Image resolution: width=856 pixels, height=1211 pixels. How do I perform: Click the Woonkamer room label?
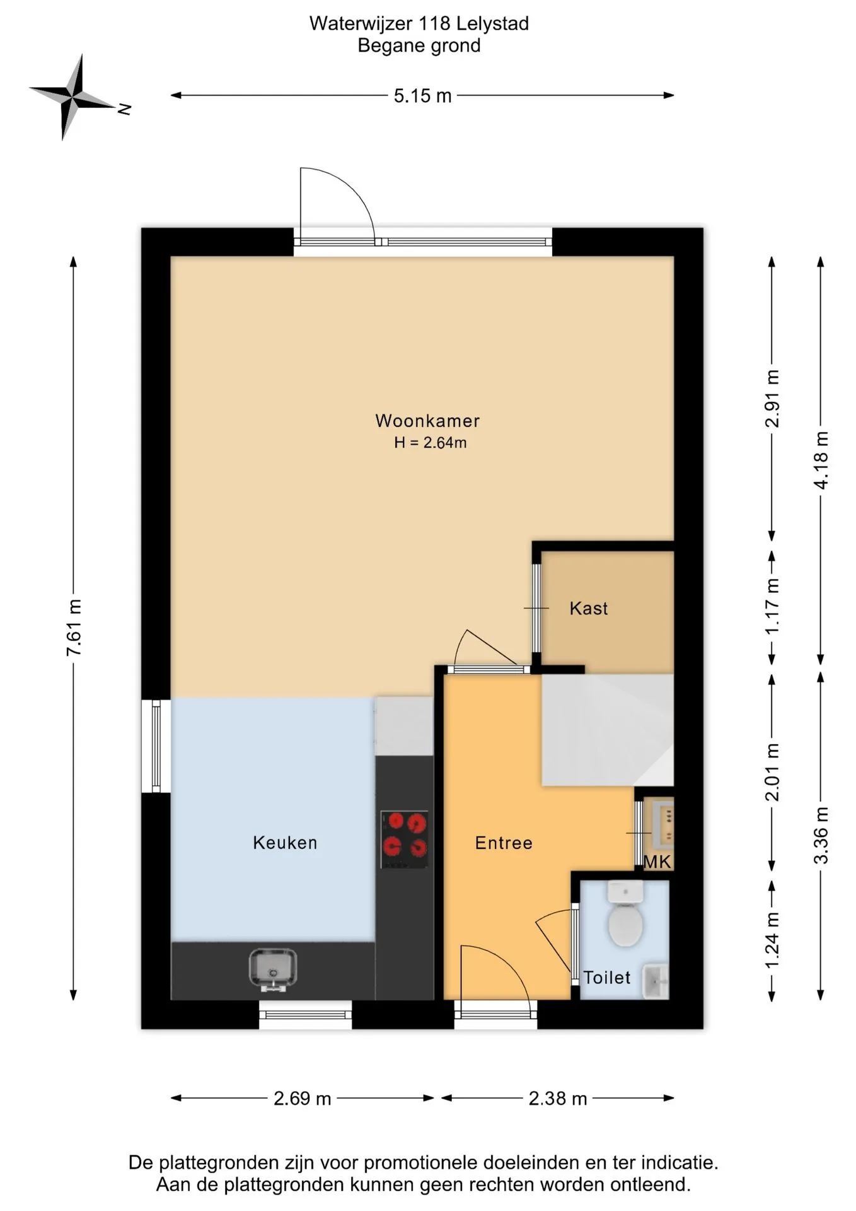(427, 421)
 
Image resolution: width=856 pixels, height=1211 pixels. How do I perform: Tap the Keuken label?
(285, 843)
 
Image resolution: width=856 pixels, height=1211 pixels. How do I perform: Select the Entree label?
(504, 843)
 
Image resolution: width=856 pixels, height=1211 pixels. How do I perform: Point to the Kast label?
(589, 609)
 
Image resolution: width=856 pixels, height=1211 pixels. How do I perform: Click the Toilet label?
(606, 978)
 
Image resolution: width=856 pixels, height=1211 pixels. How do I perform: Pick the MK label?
(657, 862)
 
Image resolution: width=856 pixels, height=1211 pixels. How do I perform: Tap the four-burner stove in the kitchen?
(404, 840)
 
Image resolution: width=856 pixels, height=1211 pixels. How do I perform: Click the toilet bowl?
(625, 914)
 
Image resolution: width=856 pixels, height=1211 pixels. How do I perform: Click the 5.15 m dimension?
(422, 96)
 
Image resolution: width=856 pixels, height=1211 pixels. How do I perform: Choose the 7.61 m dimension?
(74, 628)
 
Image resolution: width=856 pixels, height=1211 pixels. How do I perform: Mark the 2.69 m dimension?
(303, 1098)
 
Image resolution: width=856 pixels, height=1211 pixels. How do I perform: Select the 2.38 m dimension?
(558, 1098)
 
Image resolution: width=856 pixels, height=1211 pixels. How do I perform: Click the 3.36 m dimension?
(821, 836)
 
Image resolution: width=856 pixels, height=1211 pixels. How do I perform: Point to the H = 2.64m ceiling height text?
(431, 443)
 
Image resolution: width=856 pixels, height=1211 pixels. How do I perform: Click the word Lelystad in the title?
(492, 24)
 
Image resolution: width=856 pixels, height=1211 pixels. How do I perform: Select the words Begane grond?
(419, 45)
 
